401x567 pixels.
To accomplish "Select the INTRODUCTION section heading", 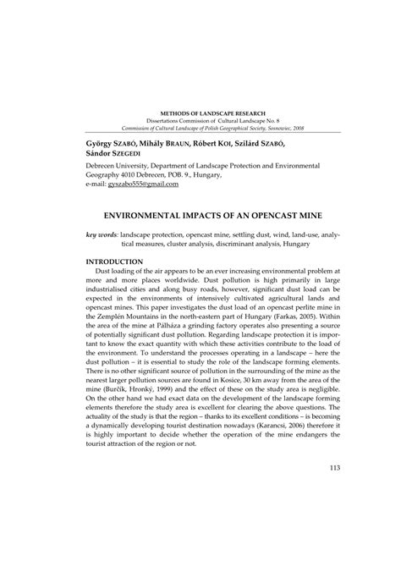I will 119,264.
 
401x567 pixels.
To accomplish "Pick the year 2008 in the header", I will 299,129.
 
